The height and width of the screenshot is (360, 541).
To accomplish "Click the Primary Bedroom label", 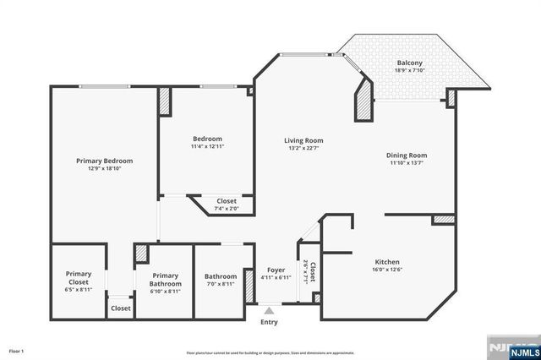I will click(104, 161).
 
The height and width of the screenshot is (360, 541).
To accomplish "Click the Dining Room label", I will click(407, 155).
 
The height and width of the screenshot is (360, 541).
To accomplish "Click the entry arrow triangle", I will click(269, 311).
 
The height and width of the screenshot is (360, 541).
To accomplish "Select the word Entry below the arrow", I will click(269, 322).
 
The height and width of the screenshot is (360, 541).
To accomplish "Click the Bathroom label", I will click(220, 276).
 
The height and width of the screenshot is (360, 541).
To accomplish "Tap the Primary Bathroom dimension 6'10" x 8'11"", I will click(167, 292).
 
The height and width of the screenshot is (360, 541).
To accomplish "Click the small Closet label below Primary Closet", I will click(120, 308).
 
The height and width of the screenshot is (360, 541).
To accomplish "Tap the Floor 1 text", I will click(17, 350).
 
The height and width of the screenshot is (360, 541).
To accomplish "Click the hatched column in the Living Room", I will click(363, 101).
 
